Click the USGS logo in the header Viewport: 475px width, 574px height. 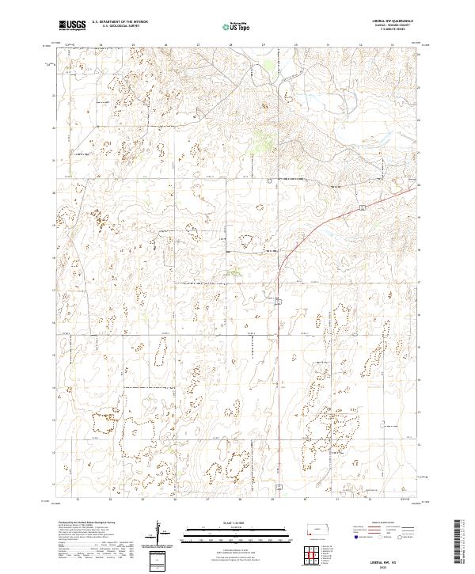pos(71,25)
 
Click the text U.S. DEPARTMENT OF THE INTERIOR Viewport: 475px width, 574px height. pos(120,22)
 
